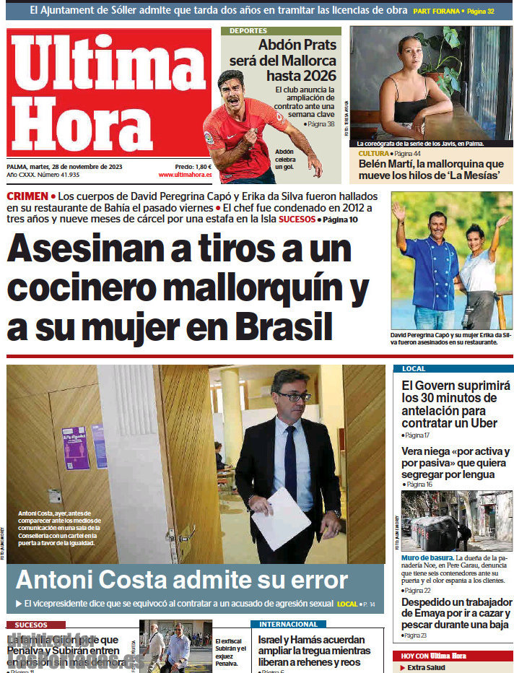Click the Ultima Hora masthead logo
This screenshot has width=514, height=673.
(x=108, y=94)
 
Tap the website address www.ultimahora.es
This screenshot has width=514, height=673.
(x=185, y=175)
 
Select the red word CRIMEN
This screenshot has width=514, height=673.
(x=27, y=196)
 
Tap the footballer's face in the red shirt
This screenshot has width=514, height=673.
(x=231, y=88)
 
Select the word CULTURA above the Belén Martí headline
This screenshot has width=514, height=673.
(x=373, y=154)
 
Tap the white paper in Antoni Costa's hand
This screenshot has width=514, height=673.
(x=282, y=518)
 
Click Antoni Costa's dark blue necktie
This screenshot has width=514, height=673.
(x=290, y=461)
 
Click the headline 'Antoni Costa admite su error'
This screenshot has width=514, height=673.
(x=181, y=580)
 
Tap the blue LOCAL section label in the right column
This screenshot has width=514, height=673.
(x=414, y=369)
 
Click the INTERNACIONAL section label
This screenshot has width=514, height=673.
(x=288, y=624)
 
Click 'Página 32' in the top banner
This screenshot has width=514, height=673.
(x=480, y=12)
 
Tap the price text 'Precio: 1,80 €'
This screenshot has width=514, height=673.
(x=193, y=166)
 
